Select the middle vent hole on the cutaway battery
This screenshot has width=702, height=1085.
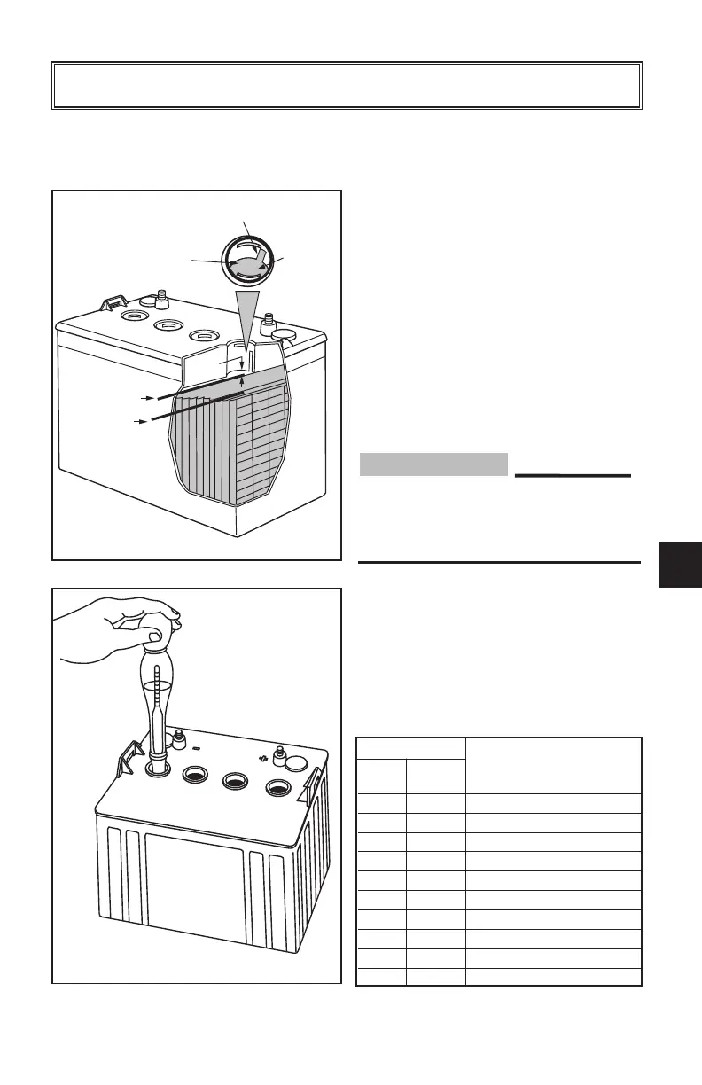[x=168, y=326]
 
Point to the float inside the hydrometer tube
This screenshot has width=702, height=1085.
[x=158, y=700]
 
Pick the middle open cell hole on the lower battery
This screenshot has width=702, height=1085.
[x=235, y=780]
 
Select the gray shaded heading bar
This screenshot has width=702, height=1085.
[x=434, y=464]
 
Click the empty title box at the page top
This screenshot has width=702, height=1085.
[x=347, y=86]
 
